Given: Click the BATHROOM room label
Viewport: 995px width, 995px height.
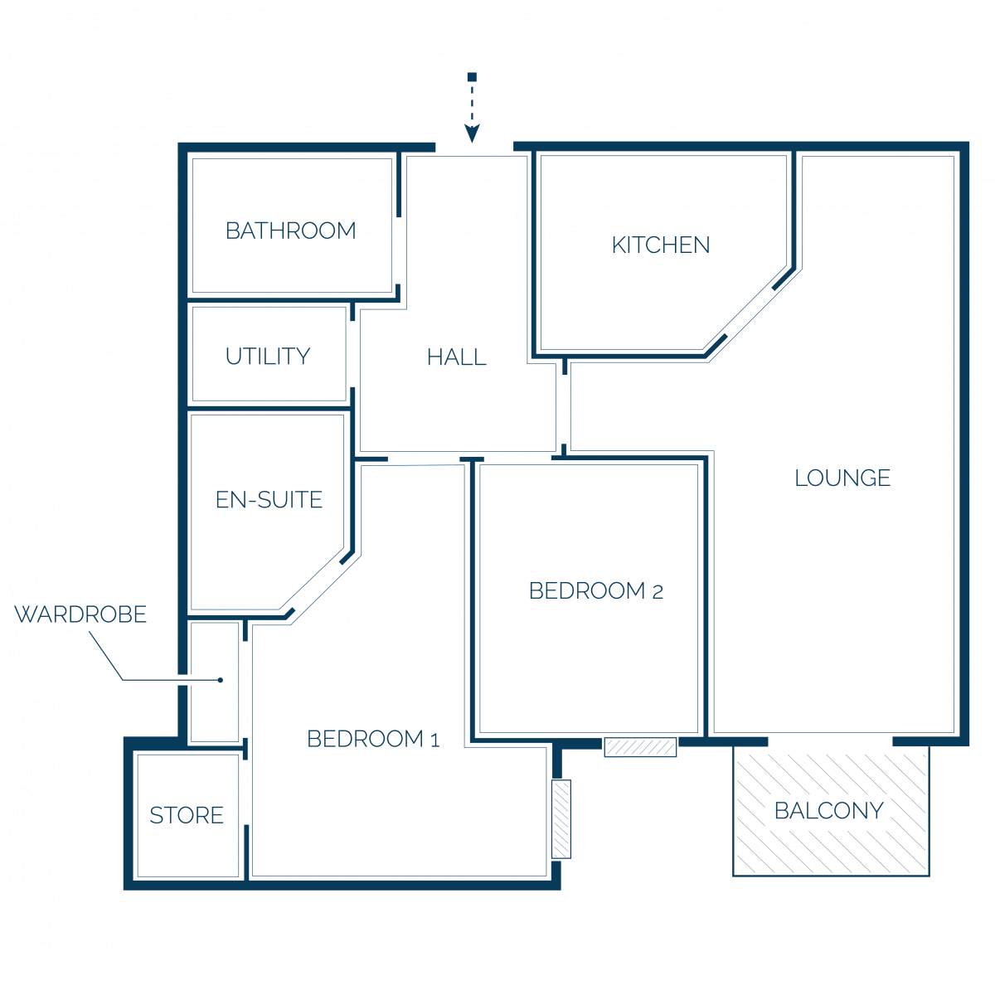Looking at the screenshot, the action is pos(291,231).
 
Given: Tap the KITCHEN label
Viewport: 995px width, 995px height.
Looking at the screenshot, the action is pos(660,245).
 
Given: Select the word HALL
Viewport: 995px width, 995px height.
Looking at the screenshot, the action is pos(456,357).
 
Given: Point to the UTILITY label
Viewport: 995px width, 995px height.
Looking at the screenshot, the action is pos(268,357).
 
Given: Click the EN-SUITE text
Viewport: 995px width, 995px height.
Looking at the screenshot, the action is pos(269,500).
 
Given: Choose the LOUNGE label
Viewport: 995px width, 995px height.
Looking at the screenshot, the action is pos(842,478).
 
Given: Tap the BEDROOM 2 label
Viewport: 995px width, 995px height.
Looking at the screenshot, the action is pos(596,591).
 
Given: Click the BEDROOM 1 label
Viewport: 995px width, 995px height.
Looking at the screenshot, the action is pos(373,740).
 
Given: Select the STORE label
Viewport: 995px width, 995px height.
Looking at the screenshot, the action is pos(187,816).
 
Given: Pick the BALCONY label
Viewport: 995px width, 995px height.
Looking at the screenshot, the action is pos(828,811).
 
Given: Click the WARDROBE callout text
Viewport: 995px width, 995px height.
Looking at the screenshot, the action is pos(80,614).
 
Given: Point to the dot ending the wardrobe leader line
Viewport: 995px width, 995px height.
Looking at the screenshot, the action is pos(221,680).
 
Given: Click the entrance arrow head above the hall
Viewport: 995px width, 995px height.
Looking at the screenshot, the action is pos(472,133).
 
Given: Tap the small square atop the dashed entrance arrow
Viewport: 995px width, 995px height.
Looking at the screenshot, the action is pos(472,77).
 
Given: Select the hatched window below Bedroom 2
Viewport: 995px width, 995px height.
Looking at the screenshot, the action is pos(640,747).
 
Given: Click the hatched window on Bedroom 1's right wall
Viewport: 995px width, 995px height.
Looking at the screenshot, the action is pos(561,819).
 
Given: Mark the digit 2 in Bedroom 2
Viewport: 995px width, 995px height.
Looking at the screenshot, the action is pos(658,593).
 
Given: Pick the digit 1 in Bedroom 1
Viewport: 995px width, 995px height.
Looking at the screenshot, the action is pos(435,741).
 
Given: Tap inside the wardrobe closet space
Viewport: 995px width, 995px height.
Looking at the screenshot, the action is pos(215,682).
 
